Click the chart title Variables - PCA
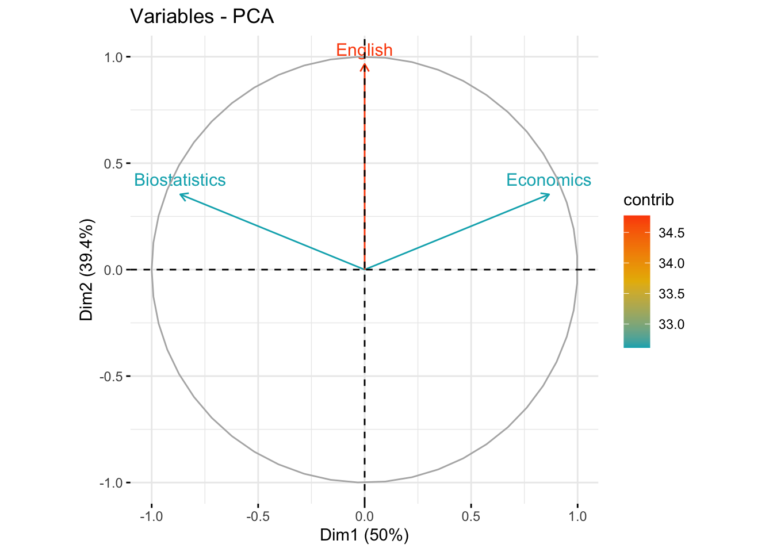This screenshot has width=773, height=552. point(202,16)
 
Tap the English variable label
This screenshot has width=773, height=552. point(364,50)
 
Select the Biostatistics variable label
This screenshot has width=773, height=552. point(179,180)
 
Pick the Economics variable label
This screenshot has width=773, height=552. point(548,180)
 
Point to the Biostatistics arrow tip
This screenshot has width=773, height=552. point(181,194)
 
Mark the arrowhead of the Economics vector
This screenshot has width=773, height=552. point(549,194)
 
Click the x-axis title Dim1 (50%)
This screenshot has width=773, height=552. point(364,535)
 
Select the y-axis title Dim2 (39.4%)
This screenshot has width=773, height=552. point(87,270)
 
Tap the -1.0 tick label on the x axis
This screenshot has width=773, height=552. point(151,516)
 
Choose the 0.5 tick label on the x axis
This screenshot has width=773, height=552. point(471,516)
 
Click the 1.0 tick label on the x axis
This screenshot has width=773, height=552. point(577,516)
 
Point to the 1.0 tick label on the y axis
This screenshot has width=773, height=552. point(113,57)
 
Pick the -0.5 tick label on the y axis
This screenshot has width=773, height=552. point(112,377)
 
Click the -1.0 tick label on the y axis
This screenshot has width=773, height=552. point(112,483)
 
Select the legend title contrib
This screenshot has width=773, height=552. point(648,200)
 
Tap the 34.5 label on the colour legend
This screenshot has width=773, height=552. point(671,233)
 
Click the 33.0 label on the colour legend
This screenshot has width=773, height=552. point(671,324)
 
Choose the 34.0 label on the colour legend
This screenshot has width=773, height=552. point(671,263)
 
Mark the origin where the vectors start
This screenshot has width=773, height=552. point(365,269)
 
